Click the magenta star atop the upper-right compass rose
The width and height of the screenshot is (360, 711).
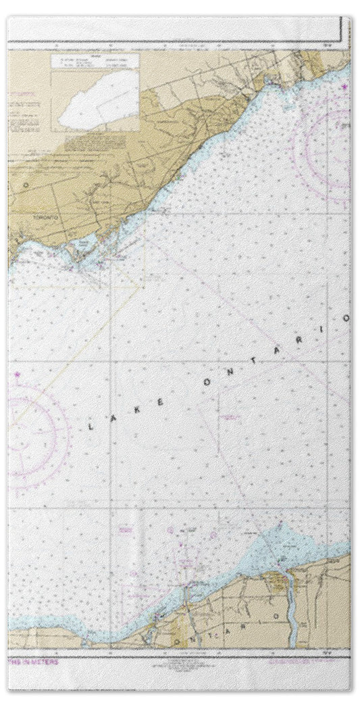tap(344, 87)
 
